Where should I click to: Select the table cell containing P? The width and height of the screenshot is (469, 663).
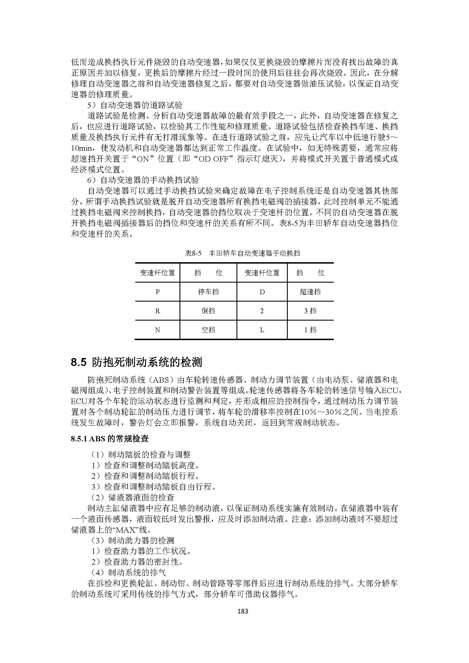[x=157, y=292]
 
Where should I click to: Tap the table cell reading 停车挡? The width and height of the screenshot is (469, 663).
[x=208, y=292]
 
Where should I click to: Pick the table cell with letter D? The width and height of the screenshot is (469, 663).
[x=262, y=292]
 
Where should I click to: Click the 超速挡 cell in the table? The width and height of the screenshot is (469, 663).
[x=310, y=292]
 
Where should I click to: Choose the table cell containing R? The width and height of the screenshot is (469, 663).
[x=157, y=311]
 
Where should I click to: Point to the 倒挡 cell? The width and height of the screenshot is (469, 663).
[x=208, y=311]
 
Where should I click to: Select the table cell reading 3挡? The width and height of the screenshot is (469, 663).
[x=310, y=311]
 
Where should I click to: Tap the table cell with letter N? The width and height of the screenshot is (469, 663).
[x=157, y=330]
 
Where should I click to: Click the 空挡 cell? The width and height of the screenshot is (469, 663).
[x=208, y=330]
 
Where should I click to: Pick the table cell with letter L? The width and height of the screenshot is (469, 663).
[x=262, y=330]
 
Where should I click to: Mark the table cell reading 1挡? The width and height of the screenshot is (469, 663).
[x=310, y=330]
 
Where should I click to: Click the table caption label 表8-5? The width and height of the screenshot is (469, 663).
[x=193, y=253]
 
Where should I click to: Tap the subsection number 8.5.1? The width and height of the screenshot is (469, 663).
[x=79, y=439]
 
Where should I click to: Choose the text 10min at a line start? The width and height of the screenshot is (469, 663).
[x=81, y=148]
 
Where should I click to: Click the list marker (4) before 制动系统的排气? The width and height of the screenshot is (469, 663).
[x=98, y=573]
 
